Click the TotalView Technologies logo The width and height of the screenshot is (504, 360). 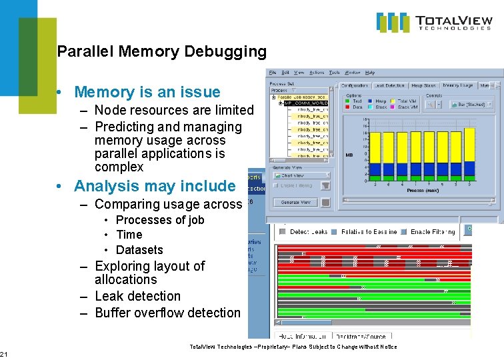tap(434, 22)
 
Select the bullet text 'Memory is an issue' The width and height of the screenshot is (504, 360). tap(147, 92)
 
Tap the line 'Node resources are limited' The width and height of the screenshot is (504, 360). tap(174, 110)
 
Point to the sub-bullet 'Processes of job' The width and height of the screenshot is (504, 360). tap(160, 220)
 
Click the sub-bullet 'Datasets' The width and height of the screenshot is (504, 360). tap(139, 250)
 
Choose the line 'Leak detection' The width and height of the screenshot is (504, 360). tap(137, 296)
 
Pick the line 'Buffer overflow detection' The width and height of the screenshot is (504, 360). tap(167, 313)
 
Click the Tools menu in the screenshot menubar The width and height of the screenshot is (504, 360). tap(334, 73)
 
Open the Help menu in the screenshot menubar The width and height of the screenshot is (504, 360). tap(370, 73)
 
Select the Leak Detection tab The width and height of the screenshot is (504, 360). tap(389, 85)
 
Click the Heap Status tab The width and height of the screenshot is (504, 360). tap(423, 85)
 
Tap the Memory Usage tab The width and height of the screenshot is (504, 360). tap(457, 85)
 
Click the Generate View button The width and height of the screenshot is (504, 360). tap(295, 202)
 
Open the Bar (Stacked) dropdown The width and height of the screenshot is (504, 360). tap(475, 105)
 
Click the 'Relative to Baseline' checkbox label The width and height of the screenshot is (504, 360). tap(369, 231)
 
